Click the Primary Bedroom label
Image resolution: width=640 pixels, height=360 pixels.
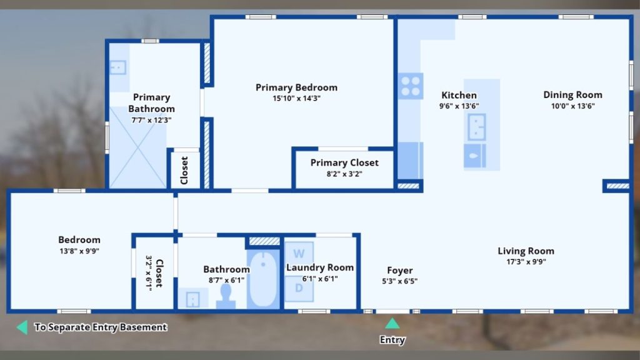point(296,87)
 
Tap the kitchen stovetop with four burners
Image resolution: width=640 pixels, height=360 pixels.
point(410,86)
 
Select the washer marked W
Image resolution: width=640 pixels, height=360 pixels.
point(299,254)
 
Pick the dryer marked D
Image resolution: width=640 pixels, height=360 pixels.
point(299,289)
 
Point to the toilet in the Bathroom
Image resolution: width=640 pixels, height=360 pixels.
point(226,297)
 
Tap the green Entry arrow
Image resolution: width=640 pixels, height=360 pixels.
point(392,324)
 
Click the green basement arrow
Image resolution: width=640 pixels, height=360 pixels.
point(22,327)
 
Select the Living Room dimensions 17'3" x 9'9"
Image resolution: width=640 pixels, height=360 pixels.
point(526,262)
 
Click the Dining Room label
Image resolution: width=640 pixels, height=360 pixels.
point(572,95)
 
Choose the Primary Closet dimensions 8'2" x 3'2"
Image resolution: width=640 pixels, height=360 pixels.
point(344,174)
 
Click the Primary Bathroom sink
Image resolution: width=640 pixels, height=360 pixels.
point(118,67)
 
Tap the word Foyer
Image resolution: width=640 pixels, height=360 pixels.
point(399,271)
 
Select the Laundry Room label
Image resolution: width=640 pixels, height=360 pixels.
point(320,267)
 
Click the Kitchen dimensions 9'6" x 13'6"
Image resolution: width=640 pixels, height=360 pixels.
point(459,106)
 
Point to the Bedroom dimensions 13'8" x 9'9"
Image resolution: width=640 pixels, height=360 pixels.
point(79,251)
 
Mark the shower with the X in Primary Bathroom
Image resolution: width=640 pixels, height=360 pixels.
point(137,147)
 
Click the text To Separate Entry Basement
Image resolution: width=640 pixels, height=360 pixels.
point(101,327)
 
